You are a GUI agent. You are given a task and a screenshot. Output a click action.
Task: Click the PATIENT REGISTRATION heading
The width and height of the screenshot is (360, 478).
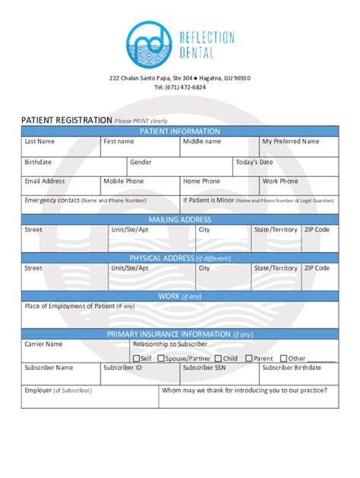(67, 120)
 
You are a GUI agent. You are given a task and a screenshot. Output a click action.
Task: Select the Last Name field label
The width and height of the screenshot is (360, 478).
(39, 141)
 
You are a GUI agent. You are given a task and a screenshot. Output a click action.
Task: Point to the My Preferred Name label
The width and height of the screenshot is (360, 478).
(290, 141)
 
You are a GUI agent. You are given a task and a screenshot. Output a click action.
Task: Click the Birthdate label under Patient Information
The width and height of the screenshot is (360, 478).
(38, 162)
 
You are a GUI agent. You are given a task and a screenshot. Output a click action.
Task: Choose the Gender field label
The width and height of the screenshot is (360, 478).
(141, 162)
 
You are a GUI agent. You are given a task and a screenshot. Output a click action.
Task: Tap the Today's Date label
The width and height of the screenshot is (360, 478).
(254, 162)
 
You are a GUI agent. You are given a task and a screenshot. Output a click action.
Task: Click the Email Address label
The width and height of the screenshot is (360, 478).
(45, 181)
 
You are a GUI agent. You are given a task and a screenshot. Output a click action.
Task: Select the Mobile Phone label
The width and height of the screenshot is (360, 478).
(124, 181)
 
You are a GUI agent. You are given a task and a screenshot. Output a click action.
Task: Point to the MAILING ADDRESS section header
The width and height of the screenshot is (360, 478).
(180, 220)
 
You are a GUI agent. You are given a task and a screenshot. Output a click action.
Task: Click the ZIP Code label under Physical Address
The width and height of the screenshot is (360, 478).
(317, 268)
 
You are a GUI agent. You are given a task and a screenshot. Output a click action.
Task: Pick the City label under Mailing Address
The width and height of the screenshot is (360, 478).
(204, 229)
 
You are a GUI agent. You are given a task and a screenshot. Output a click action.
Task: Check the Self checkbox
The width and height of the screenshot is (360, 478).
(136, 359)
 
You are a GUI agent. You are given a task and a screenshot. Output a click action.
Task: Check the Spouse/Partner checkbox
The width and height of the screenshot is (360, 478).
(161, 359)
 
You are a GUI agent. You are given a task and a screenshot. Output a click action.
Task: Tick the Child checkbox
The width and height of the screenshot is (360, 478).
(219, 359)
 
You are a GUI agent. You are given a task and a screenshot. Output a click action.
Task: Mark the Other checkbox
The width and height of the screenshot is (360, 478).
(284, 359)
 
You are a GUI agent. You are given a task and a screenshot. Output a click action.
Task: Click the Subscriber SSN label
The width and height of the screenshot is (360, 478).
(204, 368)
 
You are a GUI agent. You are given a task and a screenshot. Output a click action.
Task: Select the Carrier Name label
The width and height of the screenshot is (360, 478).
(43, 344)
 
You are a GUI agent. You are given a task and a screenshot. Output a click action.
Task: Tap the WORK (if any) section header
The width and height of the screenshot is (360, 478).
(180, 296)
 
